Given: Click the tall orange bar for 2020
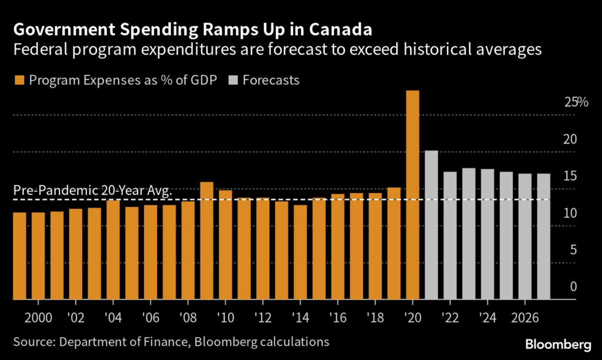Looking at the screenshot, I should [x=413, y=195].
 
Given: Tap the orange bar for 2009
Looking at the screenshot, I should [x=206, y=241].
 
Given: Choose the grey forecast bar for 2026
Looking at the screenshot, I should [x=525, y=236].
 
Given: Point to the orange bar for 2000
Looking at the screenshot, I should [x=38, y=256].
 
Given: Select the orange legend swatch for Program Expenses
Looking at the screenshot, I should [x=16, y=80].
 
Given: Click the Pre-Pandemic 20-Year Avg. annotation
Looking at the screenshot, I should [x=92, y=191].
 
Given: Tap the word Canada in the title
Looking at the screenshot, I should [x=343, y=28].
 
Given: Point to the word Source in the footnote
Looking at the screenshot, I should [x=32, y=341].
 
